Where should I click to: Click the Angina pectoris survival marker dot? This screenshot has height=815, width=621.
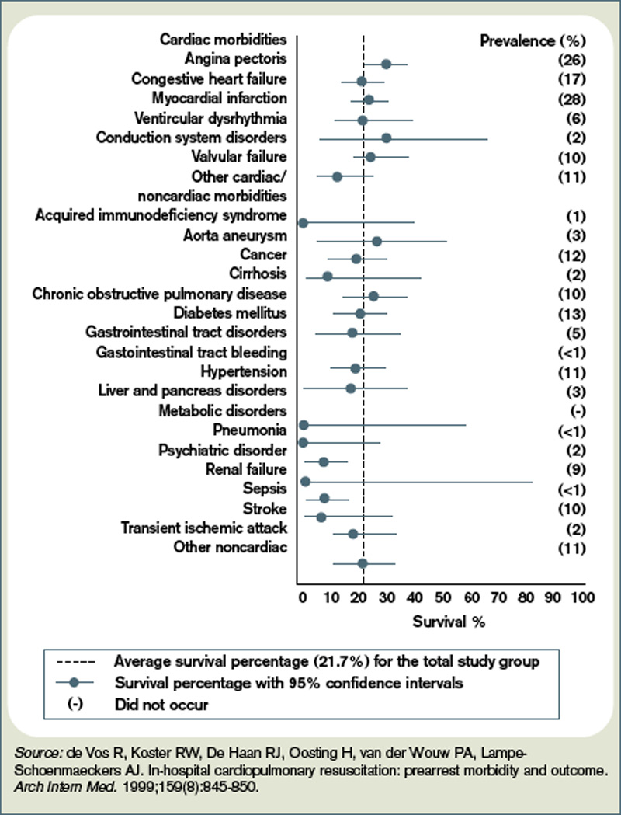click(x=386, y=64)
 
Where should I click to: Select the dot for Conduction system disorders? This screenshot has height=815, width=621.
click(x=387, y=138)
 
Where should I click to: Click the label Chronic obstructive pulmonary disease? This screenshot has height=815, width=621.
click(x=160, y=294)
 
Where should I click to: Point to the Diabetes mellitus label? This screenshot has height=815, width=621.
click(x=236, y=313)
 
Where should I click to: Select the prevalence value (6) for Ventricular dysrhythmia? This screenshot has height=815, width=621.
click(x=571, y=118)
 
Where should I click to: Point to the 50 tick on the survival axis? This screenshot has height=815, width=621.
click(x=442, y=597)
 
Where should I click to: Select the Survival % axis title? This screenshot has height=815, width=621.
click(x=442, y=622)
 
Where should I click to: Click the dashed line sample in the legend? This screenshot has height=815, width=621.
click(x=76, y=663)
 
